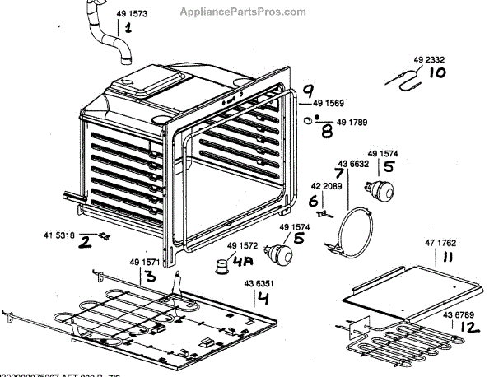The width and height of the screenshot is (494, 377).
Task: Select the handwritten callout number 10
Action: click(437, 72)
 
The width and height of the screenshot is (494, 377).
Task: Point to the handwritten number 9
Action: click(309, 91)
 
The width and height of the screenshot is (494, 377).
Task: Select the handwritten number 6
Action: click(314, 201)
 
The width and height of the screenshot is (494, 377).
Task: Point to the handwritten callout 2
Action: click(84, 244)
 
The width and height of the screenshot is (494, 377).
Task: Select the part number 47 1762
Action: click(440, 244)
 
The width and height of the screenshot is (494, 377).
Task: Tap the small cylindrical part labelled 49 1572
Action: click(221, 265)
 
